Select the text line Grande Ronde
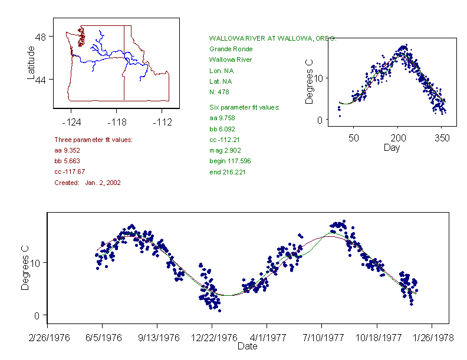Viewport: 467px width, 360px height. (231, 49)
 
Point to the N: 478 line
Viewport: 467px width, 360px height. (219, 92)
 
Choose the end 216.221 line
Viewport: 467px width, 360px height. (228, 172)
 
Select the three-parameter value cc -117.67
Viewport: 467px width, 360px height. (70, 171)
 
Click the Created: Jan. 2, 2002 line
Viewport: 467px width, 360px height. (87, 183)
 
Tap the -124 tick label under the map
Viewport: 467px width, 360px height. (71, 123)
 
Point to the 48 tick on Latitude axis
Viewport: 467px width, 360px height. (42, 37)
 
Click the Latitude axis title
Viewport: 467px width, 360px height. (31, 62)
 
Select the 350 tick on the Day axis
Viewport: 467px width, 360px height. (442, 138)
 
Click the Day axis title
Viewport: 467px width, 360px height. (392, 147)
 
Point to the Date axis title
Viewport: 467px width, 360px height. (247, 346)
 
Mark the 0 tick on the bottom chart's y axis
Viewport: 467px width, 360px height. (37, 315)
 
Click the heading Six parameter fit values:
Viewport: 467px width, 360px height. (245, 107)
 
